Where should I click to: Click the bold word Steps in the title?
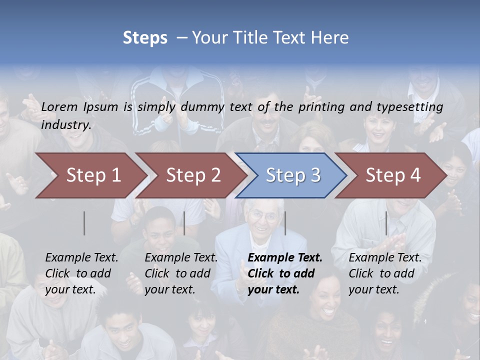point(145,38)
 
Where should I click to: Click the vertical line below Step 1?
point(84,223)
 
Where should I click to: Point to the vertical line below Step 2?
point(184,223)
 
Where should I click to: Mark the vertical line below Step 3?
point(285,223)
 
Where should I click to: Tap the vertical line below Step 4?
point(386,223)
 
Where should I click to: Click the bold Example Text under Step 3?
point(285,258)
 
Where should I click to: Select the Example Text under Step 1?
point(81,258)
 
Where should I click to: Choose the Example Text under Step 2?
point(181,258)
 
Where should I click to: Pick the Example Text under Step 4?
point(385,258)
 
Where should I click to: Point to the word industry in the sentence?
point(66,124)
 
